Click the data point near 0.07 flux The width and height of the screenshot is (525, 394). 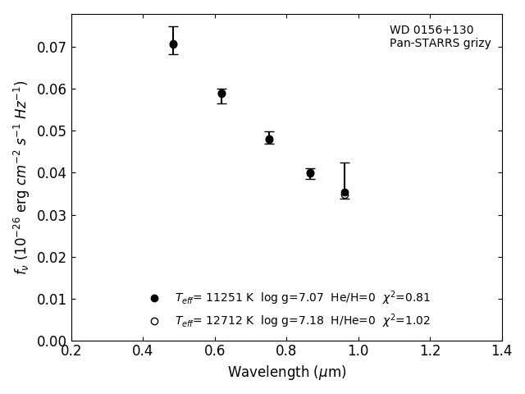(173, 44)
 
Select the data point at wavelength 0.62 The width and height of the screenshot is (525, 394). (221, 94)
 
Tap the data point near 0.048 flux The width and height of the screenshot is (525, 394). (269, 140)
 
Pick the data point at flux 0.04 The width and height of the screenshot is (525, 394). (310, 173)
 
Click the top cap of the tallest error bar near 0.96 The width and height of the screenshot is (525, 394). (345, 163)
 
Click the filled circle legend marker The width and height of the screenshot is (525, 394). (154, 298)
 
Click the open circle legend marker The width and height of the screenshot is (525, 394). (154, 321)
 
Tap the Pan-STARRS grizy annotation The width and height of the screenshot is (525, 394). (441, 44)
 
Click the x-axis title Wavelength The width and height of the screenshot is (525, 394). (286, 373)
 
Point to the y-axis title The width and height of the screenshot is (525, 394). (21, 177)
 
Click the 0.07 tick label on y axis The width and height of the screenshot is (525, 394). (51, 48)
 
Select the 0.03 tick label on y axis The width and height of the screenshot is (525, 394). (51, 216)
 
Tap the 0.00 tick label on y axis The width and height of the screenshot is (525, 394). (51, 341)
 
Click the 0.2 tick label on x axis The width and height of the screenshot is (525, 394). (71, 351)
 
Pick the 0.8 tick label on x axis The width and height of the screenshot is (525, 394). (286, 351)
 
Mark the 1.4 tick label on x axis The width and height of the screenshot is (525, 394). (501, 351)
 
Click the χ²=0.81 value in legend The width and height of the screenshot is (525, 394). (406, 297)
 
